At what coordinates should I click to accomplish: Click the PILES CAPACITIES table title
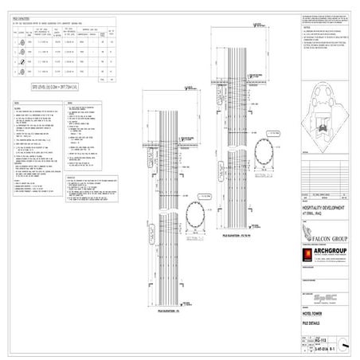[x=22, y=14]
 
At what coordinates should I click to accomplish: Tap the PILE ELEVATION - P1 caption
[x=166, y=316]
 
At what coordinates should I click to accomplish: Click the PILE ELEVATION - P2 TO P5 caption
[x=235, y=237]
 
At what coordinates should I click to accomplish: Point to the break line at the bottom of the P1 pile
[x=165, y=309]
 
